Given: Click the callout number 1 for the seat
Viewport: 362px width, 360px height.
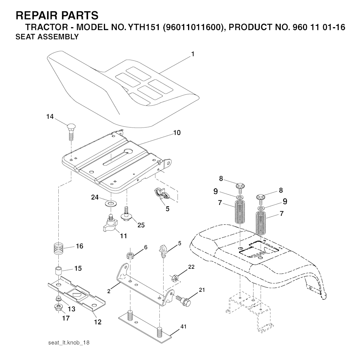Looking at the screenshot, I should click(193, 54).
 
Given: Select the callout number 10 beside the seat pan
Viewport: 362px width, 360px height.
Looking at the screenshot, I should click(177, 133).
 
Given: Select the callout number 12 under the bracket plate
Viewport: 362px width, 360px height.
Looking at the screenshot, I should click(98, 322).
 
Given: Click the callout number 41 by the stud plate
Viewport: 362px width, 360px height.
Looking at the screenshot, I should click(183, 327).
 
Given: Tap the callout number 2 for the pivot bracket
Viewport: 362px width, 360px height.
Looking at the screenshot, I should click(109, 291).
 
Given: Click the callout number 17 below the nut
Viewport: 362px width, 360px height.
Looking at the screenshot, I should click(65, 318).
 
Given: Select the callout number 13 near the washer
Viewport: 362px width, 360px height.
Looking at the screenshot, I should click(71, 309).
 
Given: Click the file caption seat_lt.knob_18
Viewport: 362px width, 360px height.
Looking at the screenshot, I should click(69, 343).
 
